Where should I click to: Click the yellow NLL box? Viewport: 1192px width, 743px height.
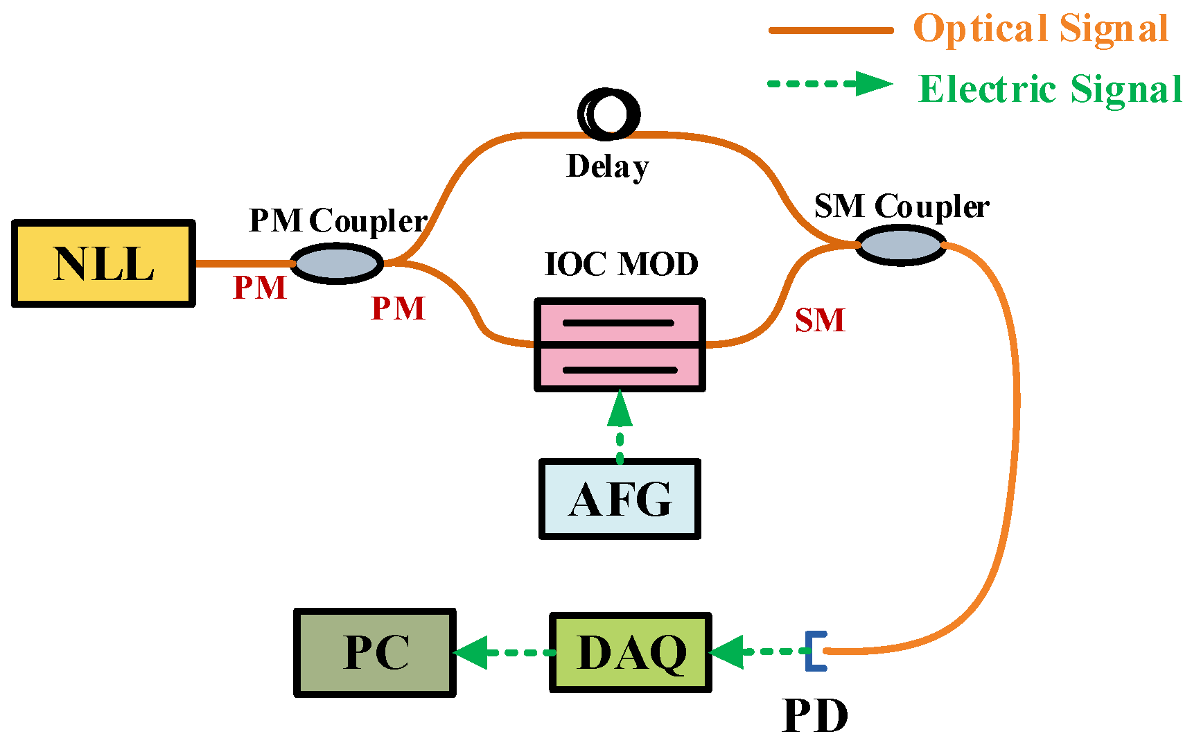pos(104,263)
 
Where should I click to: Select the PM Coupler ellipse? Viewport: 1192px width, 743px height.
pos(337,263)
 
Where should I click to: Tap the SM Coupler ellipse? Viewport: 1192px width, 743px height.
pos(900,245)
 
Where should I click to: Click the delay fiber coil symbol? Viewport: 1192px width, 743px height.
pos(609,114)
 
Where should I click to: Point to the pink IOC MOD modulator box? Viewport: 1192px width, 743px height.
pos(620,345)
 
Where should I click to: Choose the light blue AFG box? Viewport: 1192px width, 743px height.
pos(620,499)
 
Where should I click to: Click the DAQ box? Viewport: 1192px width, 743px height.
pos(631,652)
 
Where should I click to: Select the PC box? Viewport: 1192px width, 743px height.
pos(375,652)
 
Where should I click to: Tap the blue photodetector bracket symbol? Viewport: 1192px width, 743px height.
pos(816,651)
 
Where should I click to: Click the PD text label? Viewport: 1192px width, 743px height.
pos(815,716)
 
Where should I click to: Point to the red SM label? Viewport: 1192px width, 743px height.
pos(820,320)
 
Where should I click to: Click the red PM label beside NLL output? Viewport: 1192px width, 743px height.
pos(260,288)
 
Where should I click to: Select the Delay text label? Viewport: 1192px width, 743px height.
pos(608,166)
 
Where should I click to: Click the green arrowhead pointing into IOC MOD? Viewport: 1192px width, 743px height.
pos(620,409)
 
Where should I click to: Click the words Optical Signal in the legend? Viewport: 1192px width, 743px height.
pos(1040,29)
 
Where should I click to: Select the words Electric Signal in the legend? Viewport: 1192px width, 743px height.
pos(1050,89)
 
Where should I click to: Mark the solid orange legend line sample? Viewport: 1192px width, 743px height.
pos(830,30)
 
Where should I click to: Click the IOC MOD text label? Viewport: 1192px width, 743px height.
pos(622,264)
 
